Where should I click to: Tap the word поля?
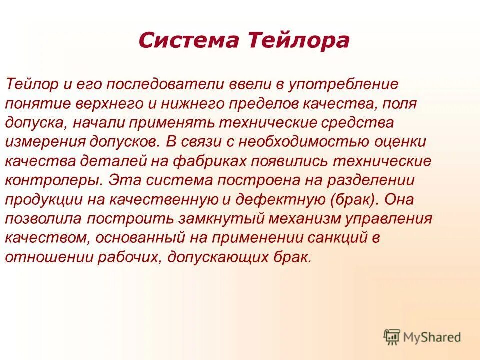coord(403,105)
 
